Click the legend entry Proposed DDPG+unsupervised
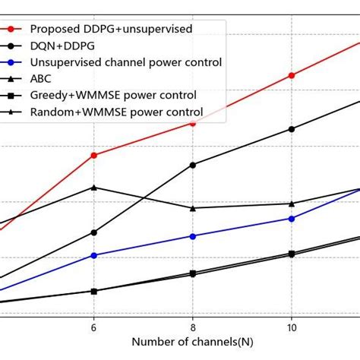(x=111, y=29)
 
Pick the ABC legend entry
(x=43, y=78)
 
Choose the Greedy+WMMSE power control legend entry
(x=113, y=95)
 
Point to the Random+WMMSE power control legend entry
(x=116, y=112)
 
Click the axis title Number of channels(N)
(x=193, y=343)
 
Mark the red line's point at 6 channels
(x=93, y=155)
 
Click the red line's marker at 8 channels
(x=193, y=122)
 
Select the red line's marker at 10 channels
(x=292, y=75)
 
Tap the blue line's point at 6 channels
(x=93, y=255)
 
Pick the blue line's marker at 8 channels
(x=193, y=236)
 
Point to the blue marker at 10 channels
(x=292, y=218)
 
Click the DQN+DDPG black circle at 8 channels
(x=193, y=165)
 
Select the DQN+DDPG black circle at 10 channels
(x=292, y=129)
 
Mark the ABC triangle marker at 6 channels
(x=93, y=187)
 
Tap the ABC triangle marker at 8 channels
(x=193, y=208)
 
